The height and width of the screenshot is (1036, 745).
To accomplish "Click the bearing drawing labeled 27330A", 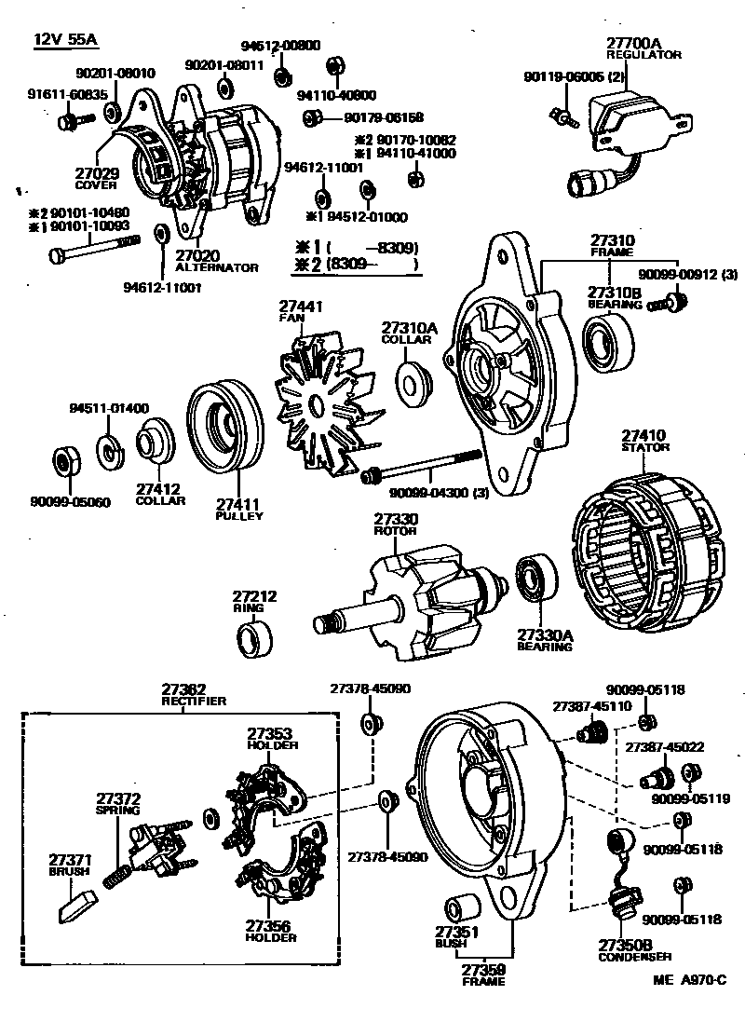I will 534,582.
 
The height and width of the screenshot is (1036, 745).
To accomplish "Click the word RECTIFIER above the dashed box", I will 194,701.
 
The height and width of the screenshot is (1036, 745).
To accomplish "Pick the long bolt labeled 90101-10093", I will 93,248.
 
